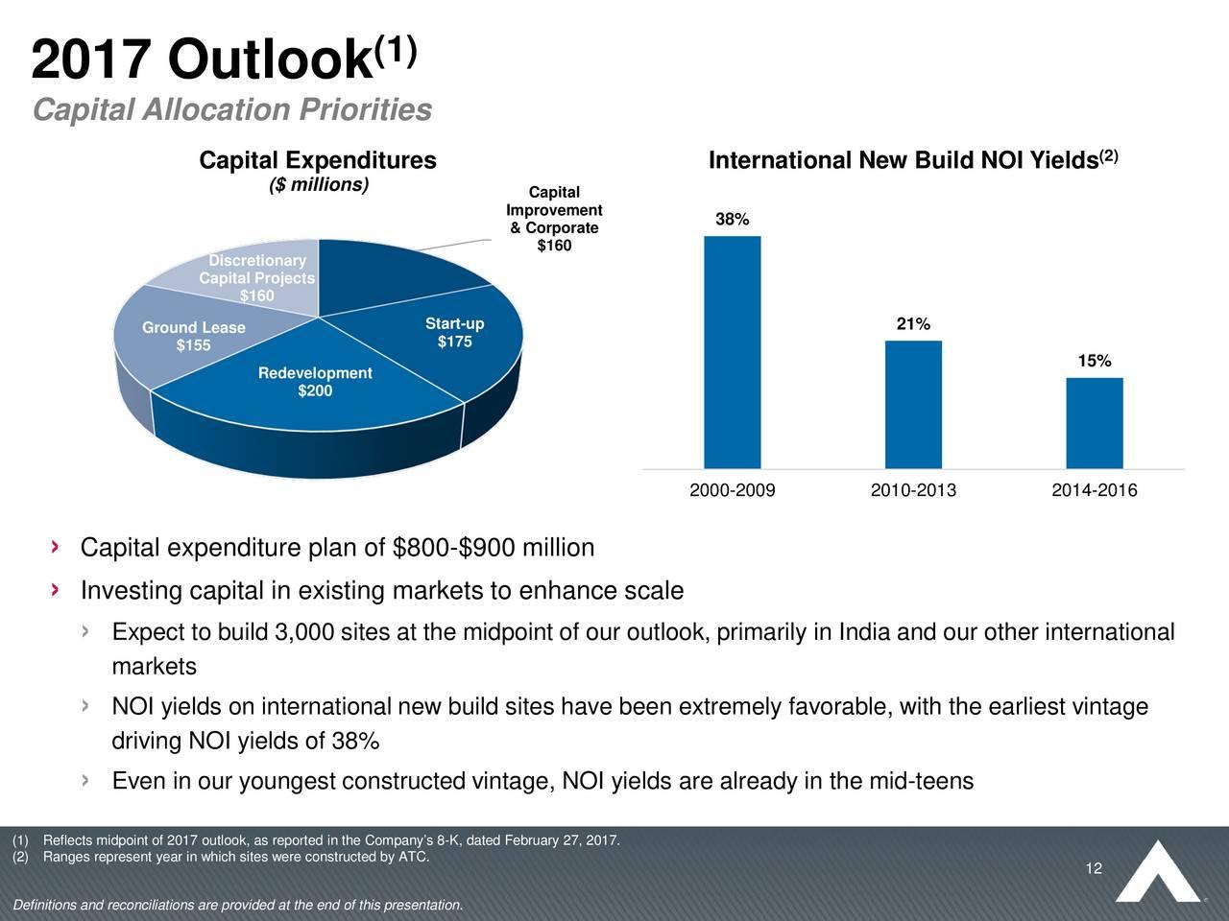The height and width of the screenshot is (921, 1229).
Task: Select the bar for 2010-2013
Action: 913,405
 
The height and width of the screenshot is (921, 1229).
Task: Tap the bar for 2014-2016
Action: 1094,423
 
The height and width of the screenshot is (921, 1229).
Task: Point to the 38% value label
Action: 733,220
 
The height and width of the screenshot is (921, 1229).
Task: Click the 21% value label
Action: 913,324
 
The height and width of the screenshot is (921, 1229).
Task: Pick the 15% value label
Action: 1095,361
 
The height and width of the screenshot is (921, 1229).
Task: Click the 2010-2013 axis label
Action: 913,491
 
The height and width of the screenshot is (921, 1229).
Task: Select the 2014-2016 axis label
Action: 1094,491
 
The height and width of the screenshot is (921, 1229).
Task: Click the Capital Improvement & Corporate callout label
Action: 554,220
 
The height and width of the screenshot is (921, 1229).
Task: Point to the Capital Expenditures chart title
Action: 317,160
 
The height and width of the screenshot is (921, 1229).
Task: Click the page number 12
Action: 1093,869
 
